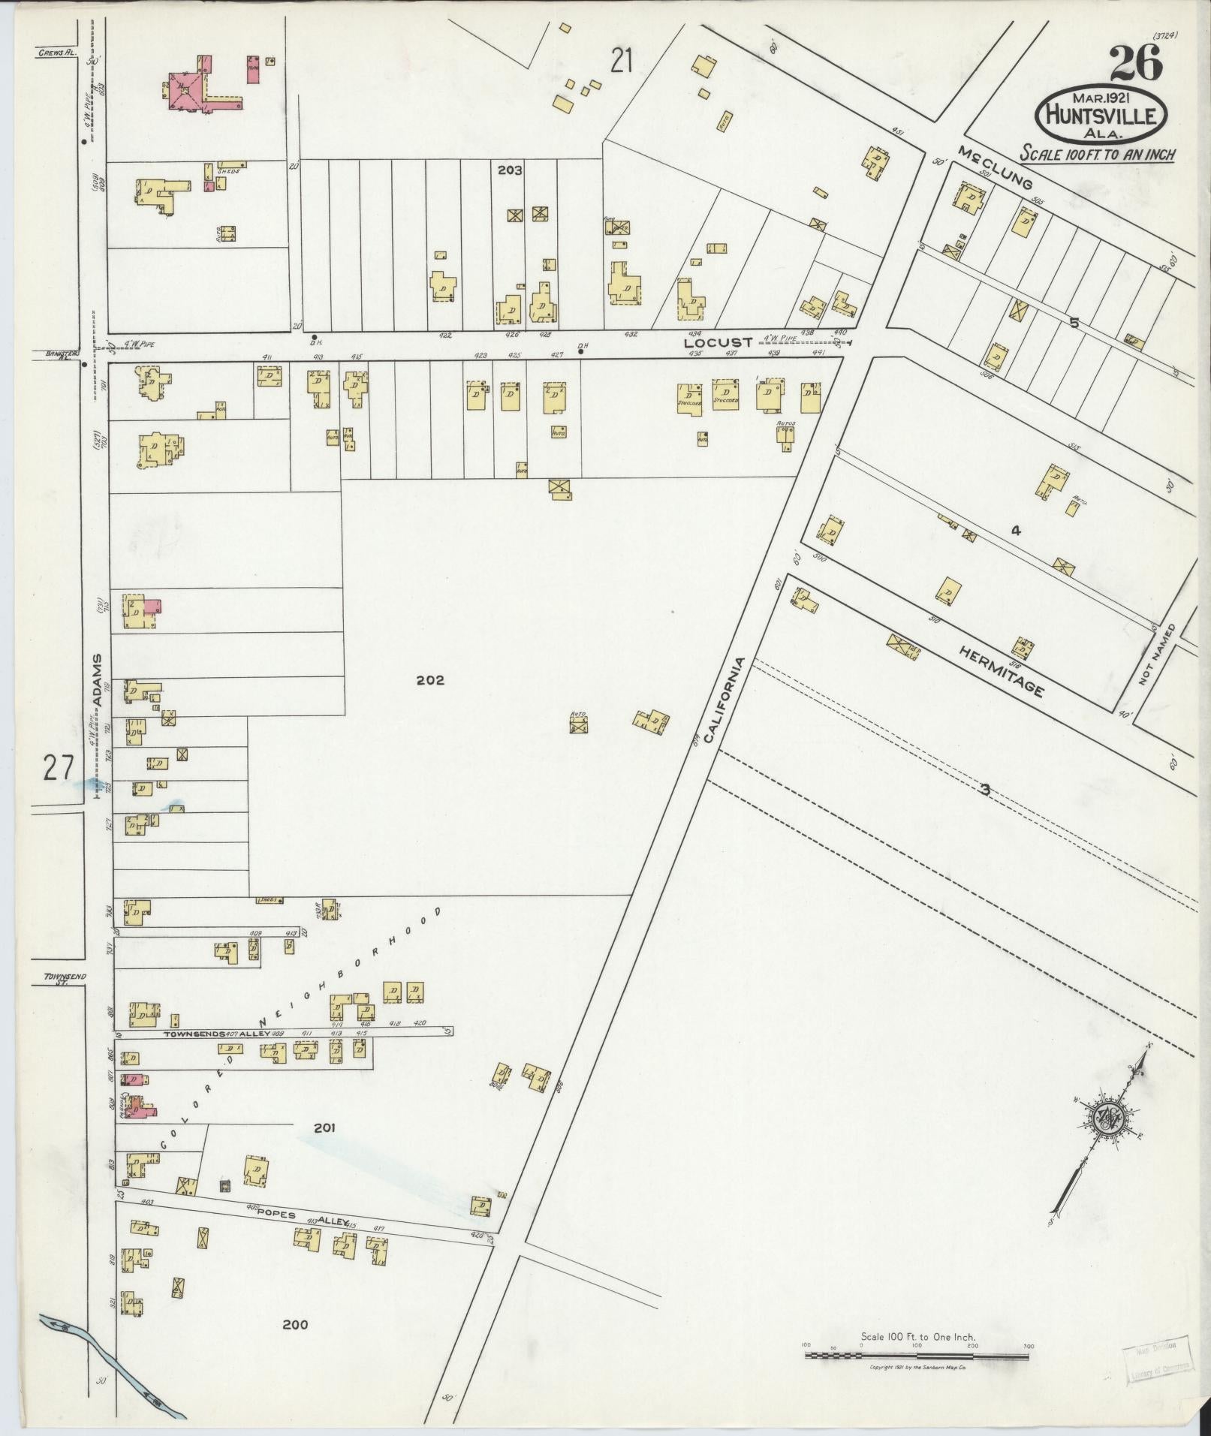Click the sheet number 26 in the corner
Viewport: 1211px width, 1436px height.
[x=1135, y=63]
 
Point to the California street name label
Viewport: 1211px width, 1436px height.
[x=729, y=701]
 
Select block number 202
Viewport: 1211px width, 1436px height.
[x=430, y=680]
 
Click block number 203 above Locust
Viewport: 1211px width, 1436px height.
[x=510, y=170]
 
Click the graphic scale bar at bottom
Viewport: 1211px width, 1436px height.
[x=917, y=1356]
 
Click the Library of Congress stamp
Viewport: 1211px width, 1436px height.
[x=1156, y=1360]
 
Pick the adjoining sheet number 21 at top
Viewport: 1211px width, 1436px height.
[x=622, y=60]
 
